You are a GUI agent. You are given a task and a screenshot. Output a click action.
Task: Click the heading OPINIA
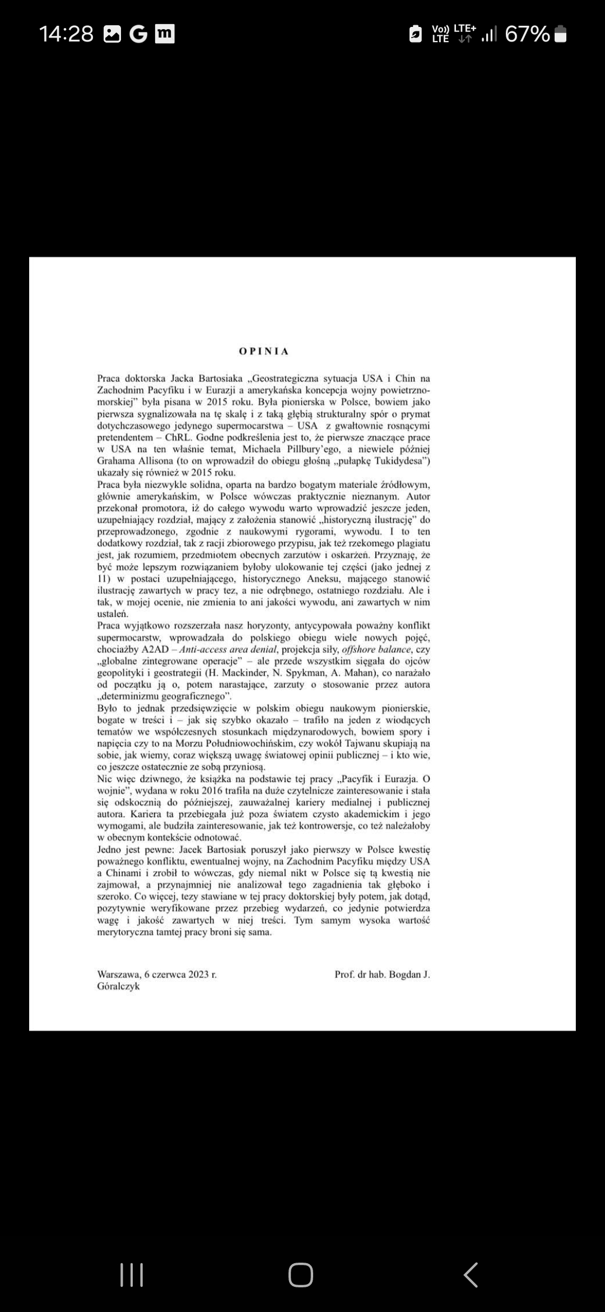tap(264, 352)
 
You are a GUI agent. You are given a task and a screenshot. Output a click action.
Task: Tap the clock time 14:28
tap(66, 34)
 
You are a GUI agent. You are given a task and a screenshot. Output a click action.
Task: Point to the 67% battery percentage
tap(527, 34)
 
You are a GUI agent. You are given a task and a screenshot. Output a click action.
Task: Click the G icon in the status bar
tap(138, 34)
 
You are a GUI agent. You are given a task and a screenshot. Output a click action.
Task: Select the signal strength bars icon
tap(489, 35)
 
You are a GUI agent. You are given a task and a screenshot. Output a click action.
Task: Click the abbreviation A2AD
tap(155, 649)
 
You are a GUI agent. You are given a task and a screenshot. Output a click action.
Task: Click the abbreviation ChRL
tap(178, 437)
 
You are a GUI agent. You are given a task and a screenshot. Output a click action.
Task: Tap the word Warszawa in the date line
tap(118, 974)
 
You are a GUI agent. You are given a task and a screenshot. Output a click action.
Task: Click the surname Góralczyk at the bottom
tap(118, 986)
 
